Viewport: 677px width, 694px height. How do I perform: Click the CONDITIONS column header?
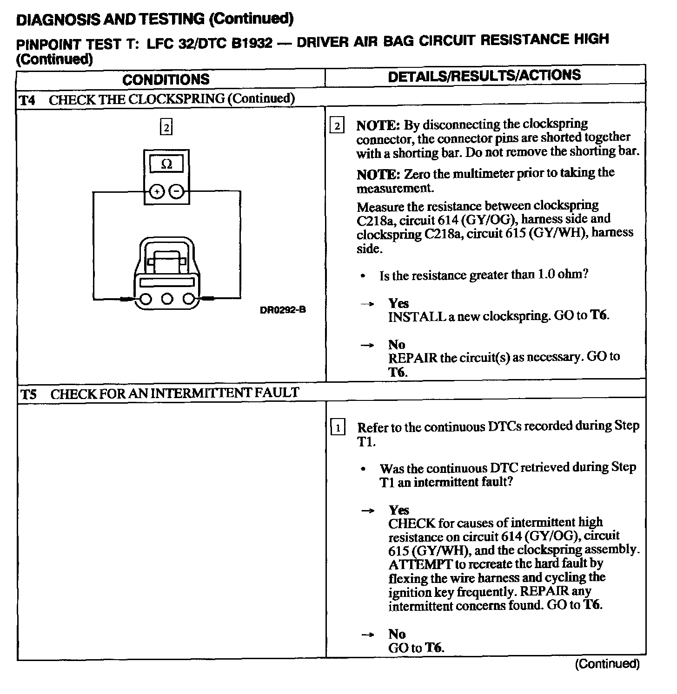(x=166, y=79)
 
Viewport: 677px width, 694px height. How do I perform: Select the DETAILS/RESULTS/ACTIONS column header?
(x=484, y=76)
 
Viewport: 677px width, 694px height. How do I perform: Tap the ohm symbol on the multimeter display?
(x=166, y=164)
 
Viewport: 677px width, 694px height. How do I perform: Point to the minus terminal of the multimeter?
(x=176, y=191)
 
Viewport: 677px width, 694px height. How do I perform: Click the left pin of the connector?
(x=145, y=299)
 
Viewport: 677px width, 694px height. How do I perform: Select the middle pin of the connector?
(x=167, y=299)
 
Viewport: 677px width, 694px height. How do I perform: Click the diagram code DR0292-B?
(x=283, y=310)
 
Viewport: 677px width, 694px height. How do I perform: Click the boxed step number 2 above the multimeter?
(x=166, y=127)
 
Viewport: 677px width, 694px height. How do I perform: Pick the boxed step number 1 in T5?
(x=337, y=427)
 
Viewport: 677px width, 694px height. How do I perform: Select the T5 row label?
(x=29, y=394)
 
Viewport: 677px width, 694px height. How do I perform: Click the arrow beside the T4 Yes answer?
(x=367, y=304)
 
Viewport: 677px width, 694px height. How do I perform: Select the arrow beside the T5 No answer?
(x=367, y=635)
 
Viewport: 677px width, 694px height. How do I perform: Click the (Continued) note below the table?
(x=607, y=664)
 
